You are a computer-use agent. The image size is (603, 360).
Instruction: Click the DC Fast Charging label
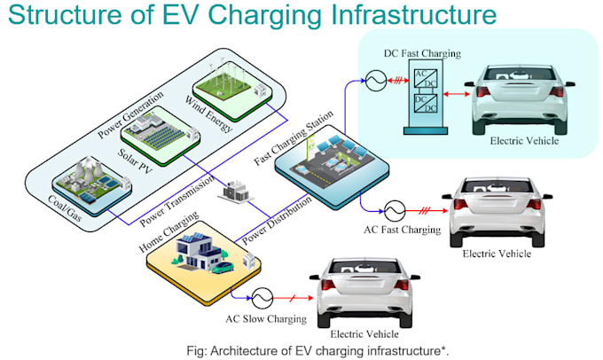point(422,53)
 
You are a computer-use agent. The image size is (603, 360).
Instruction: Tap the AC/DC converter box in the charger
point(426,78)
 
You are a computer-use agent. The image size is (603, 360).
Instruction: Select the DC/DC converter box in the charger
point(426,103)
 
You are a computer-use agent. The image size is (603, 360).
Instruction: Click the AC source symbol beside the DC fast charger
point(376,81)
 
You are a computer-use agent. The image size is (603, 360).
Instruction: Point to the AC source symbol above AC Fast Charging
point(395,211)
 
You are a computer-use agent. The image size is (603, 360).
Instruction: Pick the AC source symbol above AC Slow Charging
point(262,298)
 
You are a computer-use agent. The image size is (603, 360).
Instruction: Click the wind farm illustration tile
point(232,90)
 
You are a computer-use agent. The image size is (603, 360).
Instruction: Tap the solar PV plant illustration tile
point(161,136)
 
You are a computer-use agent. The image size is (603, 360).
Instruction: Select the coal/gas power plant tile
point(91,185)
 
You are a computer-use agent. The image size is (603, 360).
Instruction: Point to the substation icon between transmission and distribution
point(236,191)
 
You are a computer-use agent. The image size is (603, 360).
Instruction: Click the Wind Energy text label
point(208,113)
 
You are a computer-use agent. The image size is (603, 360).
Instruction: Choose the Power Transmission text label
point(176,200)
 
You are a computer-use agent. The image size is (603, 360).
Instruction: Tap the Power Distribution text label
point(277,220)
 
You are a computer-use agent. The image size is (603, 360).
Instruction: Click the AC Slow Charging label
point(266,319)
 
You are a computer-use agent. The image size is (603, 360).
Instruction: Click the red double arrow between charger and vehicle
point(456,94)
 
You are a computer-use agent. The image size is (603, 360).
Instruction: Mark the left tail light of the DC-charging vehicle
point(483,91)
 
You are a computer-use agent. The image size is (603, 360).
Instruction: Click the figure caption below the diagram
point(317,351)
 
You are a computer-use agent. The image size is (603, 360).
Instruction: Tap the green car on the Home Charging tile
point(223,267)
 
